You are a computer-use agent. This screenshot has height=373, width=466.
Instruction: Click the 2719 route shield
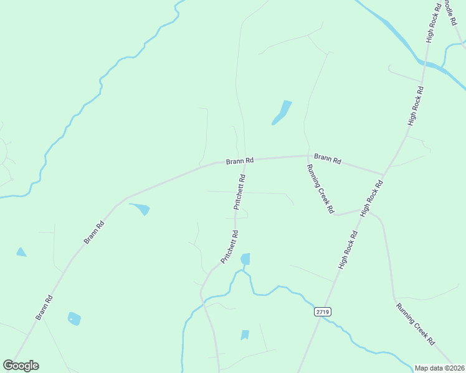coord(322,312)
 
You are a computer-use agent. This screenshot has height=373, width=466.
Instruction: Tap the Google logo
coord(21,366)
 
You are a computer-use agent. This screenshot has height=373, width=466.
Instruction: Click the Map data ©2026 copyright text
coord(439,368)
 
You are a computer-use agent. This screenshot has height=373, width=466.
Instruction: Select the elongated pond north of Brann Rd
coord(282,112)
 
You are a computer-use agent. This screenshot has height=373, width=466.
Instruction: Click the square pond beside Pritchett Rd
coord(245,259)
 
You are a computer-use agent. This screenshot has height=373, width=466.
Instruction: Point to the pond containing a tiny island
coord(74,319)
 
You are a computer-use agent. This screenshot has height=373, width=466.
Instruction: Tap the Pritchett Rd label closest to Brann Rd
coord(239,191)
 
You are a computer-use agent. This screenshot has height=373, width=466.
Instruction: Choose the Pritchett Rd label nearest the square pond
coord(229,247)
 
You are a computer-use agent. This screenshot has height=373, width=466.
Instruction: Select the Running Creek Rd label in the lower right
coord(415,323)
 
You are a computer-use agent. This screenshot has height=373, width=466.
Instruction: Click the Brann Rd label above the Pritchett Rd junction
coord(240,161)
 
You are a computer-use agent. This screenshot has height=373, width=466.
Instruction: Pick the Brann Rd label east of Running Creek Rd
coord(328,159)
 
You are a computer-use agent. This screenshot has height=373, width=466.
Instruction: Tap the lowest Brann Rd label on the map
coord(44,307)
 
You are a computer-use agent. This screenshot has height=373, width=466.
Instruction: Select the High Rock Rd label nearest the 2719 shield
coord(348,250)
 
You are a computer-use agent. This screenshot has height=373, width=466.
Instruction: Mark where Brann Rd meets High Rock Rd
coord(384,175)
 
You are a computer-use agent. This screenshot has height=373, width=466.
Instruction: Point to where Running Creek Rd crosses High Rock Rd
coord(363,210)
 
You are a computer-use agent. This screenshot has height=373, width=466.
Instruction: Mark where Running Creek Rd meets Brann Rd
coord(308,155)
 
